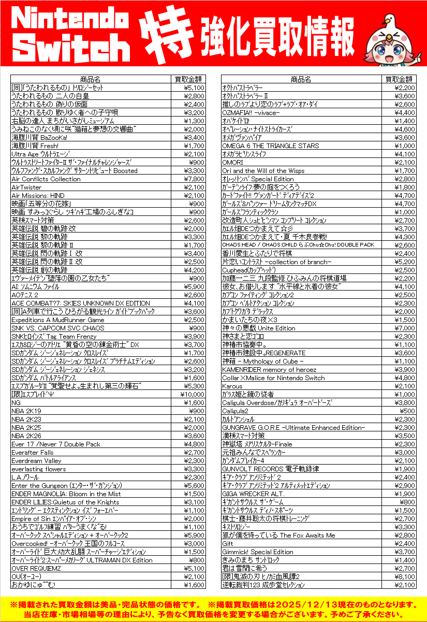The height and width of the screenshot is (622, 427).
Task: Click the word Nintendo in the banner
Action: click(x=71, y=20)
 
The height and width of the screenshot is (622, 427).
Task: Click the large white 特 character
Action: click(x=165, y=34)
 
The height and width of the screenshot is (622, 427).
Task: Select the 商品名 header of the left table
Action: click(x=91, y=79)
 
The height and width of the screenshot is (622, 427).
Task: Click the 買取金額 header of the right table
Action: click(x=400, y=79)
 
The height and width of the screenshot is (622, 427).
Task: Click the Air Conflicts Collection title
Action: click(x=46, y=179)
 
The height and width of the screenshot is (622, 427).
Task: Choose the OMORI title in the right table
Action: click(x=232, y=163)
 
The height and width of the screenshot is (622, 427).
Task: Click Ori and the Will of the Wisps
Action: click(x=263, y=171)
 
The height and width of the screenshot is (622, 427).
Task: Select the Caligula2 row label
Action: click(x=235, y=411)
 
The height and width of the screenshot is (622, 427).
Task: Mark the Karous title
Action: click(x=232, y=386)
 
